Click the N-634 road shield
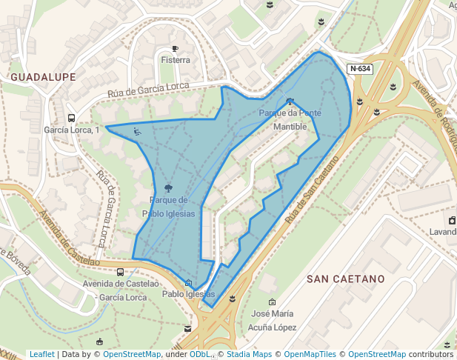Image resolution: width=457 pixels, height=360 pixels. [361, 69]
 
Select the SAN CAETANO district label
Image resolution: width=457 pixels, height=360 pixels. [346, 279]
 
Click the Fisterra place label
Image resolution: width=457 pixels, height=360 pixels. [176, 60]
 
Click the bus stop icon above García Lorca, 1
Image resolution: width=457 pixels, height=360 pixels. [72, 118]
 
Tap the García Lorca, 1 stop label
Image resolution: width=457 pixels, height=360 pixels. [72, 130]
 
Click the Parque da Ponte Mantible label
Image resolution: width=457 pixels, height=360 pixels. [290, 120]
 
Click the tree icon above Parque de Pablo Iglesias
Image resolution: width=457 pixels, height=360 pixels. [170, 187]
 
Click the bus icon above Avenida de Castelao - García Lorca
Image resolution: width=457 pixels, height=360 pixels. [120, 272]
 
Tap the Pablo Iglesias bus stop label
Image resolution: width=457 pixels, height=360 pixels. [189, 294]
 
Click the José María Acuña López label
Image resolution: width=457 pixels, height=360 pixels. [273, 320]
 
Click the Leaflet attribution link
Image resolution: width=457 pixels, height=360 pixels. [41, 355]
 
